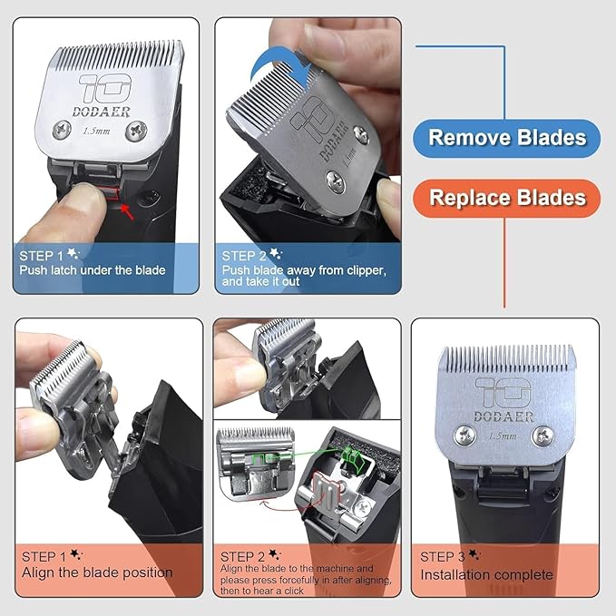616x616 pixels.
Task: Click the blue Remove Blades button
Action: (x=506, y=138)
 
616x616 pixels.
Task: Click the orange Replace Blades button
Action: (x=506, y=197)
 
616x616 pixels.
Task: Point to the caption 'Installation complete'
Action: (x=486, y=574)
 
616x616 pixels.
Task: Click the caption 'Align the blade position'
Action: (x=97, y=572)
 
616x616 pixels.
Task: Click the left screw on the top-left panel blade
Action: (x=60, y=129)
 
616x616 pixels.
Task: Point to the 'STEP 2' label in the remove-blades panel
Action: (x=245, y=255)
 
